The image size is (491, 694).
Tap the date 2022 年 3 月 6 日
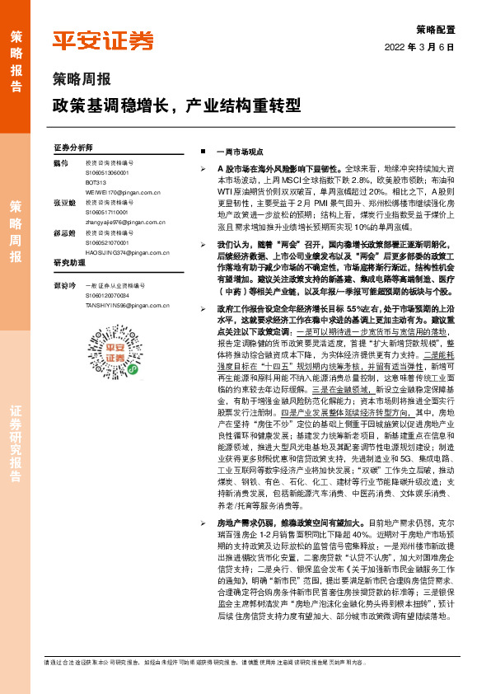(419, 47)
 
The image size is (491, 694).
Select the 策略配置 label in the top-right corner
(434, 28)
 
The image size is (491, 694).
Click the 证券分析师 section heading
(73, 147)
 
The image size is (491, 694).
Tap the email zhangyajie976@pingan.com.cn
(124, 223)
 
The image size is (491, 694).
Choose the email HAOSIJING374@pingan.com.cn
(124, 252)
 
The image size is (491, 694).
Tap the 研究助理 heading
(70, 263)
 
